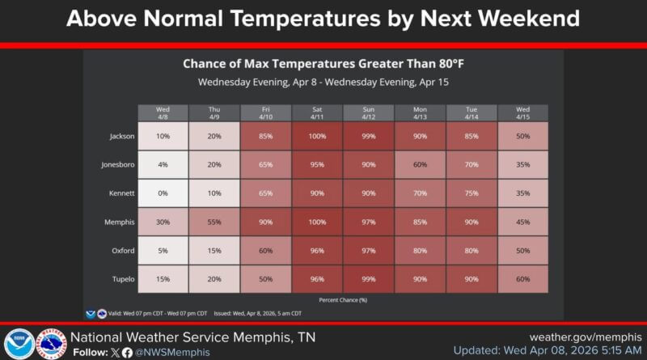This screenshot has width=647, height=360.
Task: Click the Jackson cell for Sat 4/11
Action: coord(318,136)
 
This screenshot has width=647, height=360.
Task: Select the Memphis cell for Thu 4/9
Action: coord(214,222)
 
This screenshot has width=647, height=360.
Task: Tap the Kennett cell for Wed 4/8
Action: coord(163,193)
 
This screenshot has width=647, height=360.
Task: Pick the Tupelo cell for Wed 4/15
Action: coord(523,279)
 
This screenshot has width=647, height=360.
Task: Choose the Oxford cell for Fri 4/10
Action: coord(266,251)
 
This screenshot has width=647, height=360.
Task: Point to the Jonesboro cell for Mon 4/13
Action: coord(421,164)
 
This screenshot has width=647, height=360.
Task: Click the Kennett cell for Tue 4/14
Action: coord(472,193)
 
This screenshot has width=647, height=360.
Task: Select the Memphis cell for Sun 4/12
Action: coord(369,222)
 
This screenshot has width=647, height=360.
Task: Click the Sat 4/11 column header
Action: coord(318,112)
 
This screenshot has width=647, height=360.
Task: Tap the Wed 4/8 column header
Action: coord(163,112)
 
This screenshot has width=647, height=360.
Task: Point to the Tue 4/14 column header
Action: coord(472,112)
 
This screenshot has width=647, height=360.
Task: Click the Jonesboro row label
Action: coord(119,164)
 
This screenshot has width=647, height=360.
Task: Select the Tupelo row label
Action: coord(122,279)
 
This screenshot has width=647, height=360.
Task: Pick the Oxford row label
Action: coord(122,251)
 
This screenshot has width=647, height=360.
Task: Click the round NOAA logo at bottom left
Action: coord(18,343)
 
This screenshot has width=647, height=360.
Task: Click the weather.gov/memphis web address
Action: coord(586,337)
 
